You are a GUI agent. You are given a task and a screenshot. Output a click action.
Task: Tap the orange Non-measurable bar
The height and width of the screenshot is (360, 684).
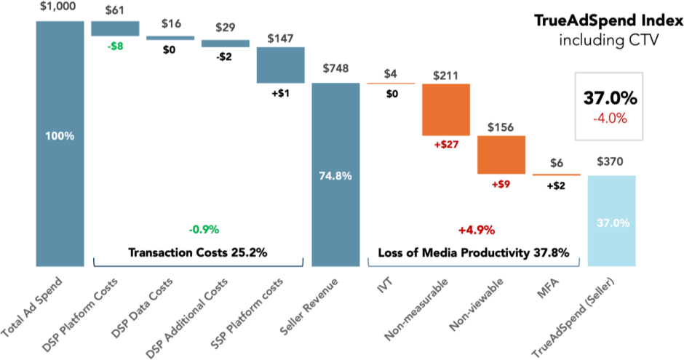445,110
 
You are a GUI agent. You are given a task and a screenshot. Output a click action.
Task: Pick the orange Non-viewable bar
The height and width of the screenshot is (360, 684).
501,154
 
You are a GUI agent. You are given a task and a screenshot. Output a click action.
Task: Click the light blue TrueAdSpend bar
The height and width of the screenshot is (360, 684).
611,220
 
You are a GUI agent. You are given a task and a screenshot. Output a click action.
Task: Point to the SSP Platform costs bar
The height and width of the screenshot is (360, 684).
280,65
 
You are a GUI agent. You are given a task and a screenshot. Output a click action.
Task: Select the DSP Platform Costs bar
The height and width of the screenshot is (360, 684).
114,28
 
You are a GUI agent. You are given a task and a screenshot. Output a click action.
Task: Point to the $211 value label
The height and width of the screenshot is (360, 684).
446,75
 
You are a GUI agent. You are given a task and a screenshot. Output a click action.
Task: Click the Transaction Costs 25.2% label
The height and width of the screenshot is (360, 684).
197,253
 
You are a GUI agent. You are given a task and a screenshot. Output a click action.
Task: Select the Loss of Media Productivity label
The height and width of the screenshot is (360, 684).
473,253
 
